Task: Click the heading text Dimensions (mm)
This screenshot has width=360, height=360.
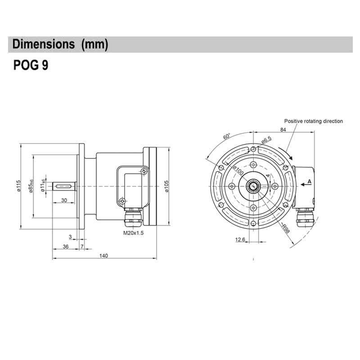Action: [x=60, y=45]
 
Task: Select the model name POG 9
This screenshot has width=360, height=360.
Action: [x=31, y=66]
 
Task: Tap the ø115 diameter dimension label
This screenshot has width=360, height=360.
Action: [x=19, y=186]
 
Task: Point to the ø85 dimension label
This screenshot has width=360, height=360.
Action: [x=31, y=186]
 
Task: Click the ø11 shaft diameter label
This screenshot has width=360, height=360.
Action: [x=43, y=186]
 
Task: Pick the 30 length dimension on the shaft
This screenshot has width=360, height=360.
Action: [x=64, y=200]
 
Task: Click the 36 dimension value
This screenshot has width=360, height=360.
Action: [x=65, y=246]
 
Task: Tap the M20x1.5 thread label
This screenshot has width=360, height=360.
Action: [x=133, y=233]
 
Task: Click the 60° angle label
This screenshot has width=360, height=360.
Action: [x=226, y=137]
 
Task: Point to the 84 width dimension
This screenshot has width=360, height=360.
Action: [x=283, y=130]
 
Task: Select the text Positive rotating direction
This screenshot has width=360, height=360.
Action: [x=313, y=121]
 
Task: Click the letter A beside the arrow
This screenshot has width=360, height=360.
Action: [x=309, y=181]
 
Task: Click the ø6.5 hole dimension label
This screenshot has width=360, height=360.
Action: [x=266, y=140]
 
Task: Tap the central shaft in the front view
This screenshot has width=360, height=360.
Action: [x=254, y=186]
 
